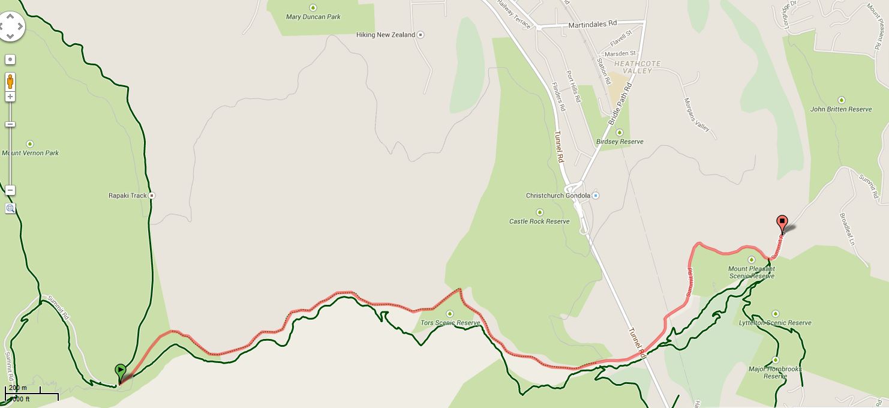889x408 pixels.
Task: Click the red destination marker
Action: (782, 224)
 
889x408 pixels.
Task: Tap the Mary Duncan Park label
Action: (313, 17)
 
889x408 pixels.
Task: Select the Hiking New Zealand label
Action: (386, 35)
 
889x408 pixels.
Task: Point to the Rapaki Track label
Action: (128, 196)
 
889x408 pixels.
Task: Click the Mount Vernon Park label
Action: (30, 153)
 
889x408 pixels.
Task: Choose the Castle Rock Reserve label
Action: (539, 221)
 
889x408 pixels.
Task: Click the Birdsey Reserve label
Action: (620, 142)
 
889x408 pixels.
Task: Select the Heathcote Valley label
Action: (636, 67)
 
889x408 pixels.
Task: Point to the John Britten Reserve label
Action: (840, 109)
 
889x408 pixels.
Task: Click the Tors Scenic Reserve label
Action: (450, 323)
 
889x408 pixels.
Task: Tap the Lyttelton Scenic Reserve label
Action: (775, 323)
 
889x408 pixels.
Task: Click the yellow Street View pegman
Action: (10, 80)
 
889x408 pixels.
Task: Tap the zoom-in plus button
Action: (10, 97)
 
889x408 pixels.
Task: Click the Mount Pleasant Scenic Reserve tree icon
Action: (752, 260)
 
